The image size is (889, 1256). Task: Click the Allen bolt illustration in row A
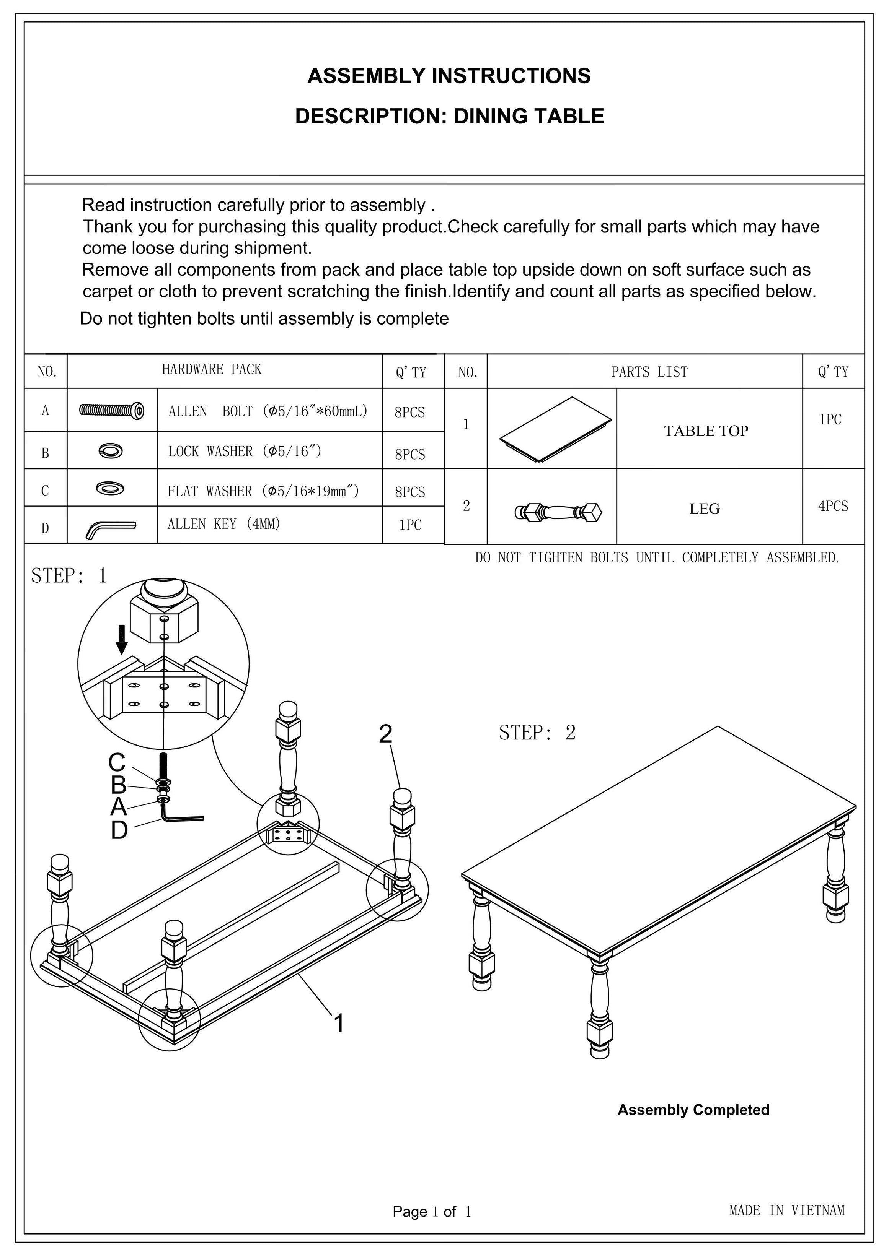pyautogui.click(x=112, y=410)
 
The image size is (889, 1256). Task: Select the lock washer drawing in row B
pyautogui.click(x=111, y=451)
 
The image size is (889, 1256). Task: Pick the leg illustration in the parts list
pyautogui.click(x=558, y=512)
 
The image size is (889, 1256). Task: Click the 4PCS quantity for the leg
pyautogui.click(x=833, y=506)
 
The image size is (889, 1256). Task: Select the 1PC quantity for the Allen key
pyautogui.click(x=410, y=525)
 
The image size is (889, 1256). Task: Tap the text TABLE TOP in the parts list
pyautogui.click(x=706, y=431)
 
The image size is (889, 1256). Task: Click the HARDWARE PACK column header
pyautogui.click(x=212, y=369)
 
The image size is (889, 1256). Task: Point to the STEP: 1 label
pyautogui.click(x=69, y=575)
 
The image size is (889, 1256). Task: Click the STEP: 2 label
pyautogui.click(x=537, y=733)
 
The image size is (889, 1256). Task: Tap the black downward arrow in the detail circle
pyautogui.click(x=122, y=639)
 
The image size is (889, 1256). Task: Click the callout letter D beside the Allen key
pyautogui.click(x=119, y=830)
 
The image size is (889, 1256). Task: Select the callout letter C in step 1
pyautogui.click(x=117, y=762)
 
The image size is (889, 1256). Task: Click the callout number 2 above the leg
pyautogui.click(x=385, y=734)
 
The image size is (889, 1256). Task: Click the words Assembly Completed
pyautogui.click(x=693, y=1110)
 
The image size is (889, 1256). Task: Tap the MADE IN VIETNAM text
pyautogui.click(x=787, y=1210)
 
